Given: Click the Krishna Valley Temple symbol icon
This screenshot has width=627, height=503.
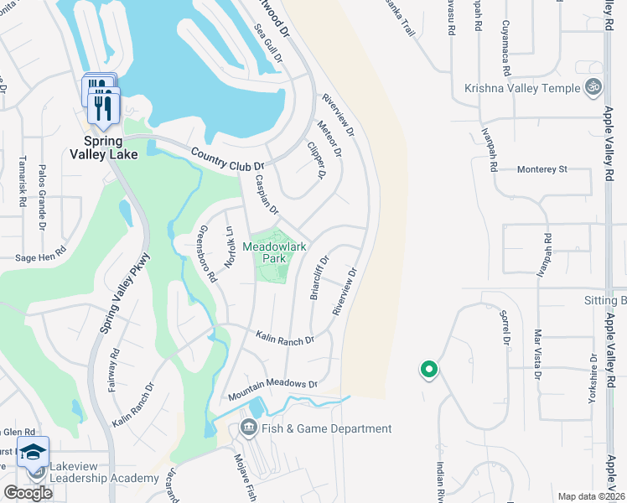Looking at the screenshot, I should (594, 86).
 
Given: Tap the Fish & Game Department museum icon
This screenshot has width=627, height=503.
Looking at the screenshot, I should (249, 428).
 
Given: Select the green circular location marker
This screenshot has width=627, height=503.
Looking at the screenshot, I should (428, 369).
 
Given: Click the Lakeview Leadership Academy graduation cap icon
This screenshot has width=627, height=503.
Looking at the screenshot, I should (33, 453).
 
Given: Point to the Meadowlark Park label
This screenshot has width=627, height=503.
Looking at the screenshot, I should (270, 251).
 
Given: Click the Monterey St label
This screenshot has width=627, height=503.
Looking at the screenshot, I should (542, 169).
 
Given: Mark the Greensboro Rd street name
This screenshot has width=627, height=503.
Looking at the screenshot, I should (206, 253).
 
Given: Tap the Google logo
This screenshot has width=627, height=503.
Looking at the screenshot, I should (28, 493).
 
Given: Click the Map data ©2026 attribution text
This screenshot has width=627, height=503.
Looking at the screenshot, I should (591, 496).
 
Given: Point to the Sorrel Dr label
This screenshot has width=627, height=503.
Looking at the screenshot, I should (505, 325).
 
